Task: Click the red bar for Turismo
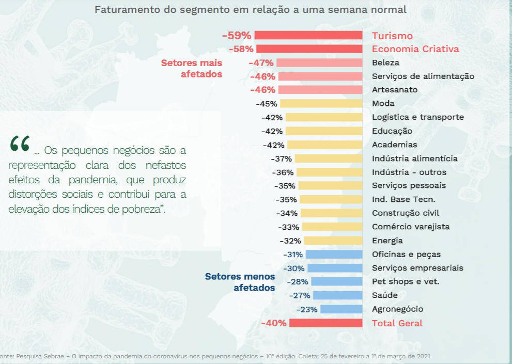click(x=308, y=36)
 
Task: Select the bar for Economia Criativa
click(x=309, y=49)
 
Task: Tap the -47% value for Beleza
click(x=260, y=62)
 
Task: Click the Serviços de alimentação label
click(x=423, y=76)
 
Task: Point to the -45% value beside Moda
click(x=267, y=104)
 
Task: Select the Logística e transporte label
click(x=417, y=117)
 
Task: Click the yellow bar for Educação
click(x=324, y=131)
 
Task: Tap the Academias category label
click(x=394, y=145)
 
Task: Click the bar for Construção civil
click(x=331, y=213)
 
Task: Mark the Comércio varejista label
click(x=411, y=227)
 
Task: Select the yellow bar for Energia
click(x=333, y=241)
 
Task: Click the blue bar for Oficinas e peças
click(x=334, y=254)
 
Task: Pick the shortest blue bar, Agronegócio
click(x=341, y=309)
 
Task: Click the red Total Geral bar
click(x=325, y=323)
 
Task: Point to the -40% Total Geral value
click(x=273, y=323)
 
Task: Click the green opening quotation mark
click(x=20, y=144)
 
